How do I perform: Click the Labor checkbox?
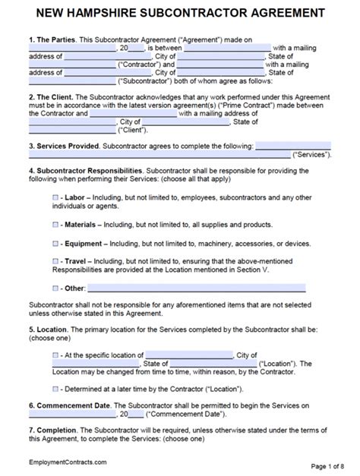pos(55,197)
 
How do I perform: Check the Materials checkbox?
pos(55,224)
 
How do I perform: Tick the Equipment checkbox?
pos(55,243)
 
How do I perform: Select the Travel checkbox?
pos(55,260)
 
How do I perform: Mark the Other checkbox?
pos(55,288)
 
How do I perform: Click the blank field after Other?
pos(186,288)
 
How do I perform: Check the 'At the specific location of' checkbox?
pos(55,355)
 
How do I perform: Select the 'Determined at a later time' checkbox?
pos(55,389)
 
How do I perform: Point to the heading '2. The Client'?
pos(52,97)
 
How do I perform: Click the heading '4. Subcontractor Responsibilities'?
pos(85,171)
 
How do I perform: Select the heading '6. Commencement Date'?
pos(73,406)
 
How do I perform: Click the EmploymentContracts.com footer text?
pos(68,462)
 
